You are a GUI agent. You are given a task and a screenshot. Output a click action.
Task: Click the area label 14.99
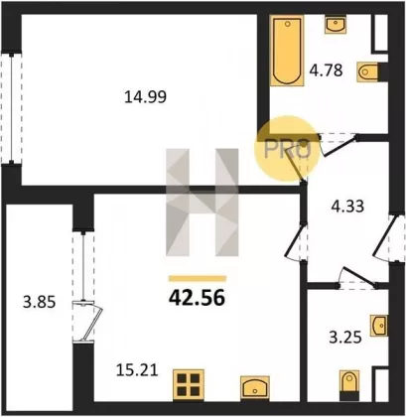(145, 97)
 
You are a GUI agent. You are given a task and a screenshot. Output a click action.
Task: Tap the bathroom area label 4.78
(326, 70)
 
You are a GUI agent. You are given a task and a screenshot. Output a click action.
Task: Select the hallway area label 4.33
(347, 207)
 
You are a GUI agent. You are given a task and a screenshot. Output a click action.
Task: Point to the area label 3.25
(345, 338)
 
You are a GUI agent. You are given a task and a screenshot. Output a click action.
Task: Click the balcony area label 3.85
(39, 302)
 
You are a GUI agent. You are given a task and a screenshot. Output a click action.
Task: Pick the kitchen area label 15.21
(137, 370)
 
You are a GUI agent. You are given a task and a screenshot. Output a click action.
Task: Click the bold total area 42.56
(198, 298)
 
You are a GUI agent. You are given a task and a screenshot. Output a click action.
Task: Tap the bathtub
(287, 51)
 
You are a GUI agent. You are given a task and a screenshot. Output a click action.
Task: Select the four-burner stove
(189, 385)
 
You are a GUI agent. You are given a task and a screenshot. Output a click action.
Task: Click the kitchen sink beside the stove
(255, 388)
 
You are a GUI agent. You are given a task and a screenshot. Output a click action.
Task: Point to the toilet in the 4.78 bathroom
(368, 71)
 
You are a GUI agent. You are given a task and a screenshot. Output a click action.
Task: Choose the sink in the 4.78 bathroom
(336, 24)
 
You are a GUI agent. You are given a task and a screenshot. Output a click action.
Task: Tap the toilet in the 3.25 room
(348, 385)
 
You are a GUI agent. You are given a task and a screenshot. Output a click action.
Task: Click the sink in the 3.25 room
(379, 326)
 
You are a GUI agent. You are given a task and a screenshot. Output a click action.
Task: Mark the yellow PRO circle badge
(287, 149)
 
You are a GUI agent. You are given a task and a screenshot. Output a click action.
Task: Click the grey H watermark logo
(203, 203)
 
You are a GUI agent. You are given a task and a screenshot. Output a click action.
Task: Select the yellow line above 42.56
(198, 279)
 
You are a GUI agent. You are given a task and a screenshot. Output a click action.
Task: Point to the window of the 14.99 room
(12, 107)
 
